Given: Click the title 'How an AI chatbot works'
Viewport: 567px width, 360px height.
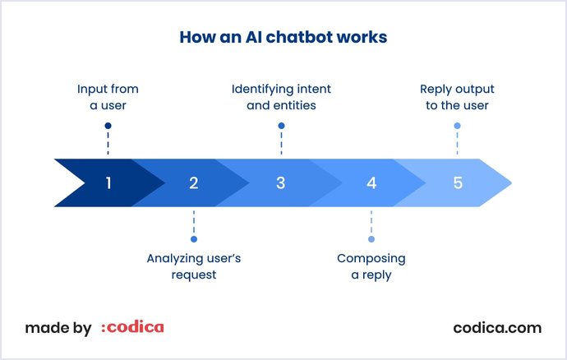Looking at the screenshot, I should (283, 38).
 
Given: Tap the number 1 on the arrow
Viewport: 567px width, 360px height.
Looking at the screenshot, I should (108, 182).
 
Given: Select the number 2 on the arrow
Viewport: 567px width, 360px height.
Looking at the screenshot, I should (194, 182).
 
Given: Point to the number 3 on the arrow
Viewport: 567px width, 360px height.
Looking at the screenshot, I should (281, 182).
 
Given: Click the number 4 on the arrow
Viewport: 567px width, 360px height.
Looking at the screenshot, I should (371, 182).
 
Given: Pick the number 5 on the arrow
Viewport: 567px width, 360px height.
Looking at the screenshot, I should (458, 182).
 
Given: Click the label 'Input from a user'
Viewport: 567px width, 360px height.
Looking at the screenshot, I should (108, 97).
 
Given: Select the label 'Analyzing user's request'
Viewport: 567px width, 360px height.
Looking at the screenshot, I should (194, 266).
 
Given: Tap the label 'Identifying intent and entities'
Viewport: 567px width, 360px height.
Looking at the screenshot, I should (281, 97).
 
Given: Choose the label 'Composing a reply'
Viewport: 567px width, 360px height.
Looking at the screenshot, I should (371, 266).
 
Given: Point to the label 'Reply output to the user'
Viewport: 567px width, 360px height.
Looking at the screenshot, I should (457, 97).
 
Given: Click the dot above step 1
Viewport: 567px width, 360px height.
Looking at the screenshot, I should (108, 126).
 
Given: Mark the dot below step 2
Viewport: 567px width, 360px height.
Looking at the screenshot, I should (194, 239).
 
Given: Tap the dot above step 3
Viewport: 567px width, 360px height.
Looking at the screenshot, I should (281, 126).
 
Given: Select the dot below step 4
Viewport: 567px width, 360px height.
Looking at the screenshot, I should (371, 239).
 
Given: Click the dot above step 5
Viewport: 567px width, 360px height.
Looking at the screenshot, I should (457, 126).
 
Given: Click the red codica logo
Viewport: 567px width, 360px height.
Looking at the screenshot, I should (132, 327).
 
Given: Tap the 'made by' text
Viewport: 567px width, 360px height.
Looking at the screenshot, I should (58, 328).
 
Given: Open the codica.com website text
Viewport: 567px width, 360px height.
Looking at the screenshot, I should (497, 327).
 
